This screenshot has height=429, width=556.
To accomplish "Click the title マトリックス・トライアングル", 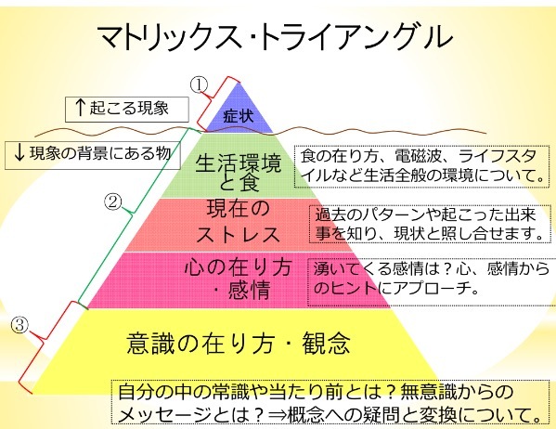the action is (275, 37).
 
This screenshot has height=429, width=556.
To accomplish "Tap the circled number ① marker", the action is (199, 85).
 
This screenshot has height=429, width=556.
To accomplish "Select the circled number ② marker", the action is (112, 201).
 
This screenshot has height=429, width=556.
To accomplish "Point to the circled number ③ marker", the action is (19, 325).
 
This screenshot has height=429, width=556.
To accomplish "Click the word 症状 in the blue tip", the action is (239, 116).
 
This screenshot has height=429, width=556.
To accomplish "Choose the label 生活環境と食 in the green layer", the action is (239, 173).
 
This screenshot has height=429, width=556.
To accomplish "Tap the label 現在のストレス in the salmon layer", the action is (239, 221).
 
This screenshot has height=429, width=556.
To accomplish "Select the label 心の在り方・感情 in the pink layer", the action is (239, 279).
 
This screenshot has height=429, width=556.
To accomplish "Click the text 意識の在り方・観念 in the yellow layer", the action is (239, 343).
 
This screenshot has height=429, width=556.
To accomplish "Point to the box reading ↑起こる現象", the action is (127, 110).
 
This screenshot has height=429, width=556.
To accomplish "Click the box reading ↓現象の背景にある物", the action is (93, 155).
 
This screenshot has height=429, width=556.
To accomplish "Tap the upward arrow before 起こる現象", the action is (81, 108).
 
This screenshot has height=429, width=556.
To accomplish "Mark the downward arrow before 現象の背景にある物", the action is (19, 153).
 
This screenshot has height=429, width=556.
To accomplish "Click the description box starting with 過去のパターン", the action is (430, 224).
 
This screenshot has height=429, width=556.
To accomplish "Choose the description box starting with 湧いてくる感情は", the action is (432, 282).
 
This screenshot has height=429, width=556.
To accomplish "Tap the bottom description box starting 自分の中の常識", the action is (331, 402).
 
